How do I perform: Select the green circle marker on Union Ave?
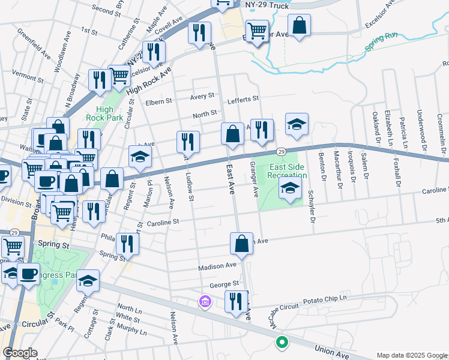[281, 343]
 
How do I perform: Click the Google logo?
[20, 352]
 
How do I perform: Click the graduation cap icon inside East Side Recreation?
[290, 190]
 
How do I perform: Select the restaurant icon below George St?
[236, 301]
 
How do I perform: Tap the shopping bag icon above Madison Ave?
[241, 244]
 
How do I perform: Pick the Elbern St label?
[159, 101]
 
